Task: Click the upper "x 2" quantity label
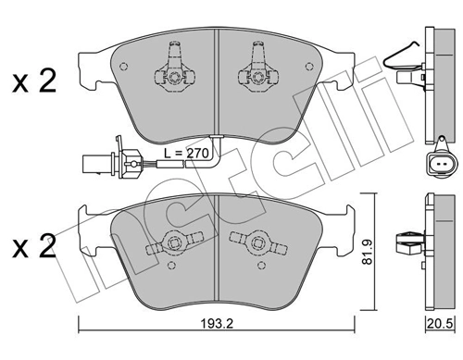[x=35, y=82]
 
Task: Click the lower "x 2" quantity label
[x=35, y=248]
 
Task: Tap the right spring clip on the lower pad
[x=256, y=243]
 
